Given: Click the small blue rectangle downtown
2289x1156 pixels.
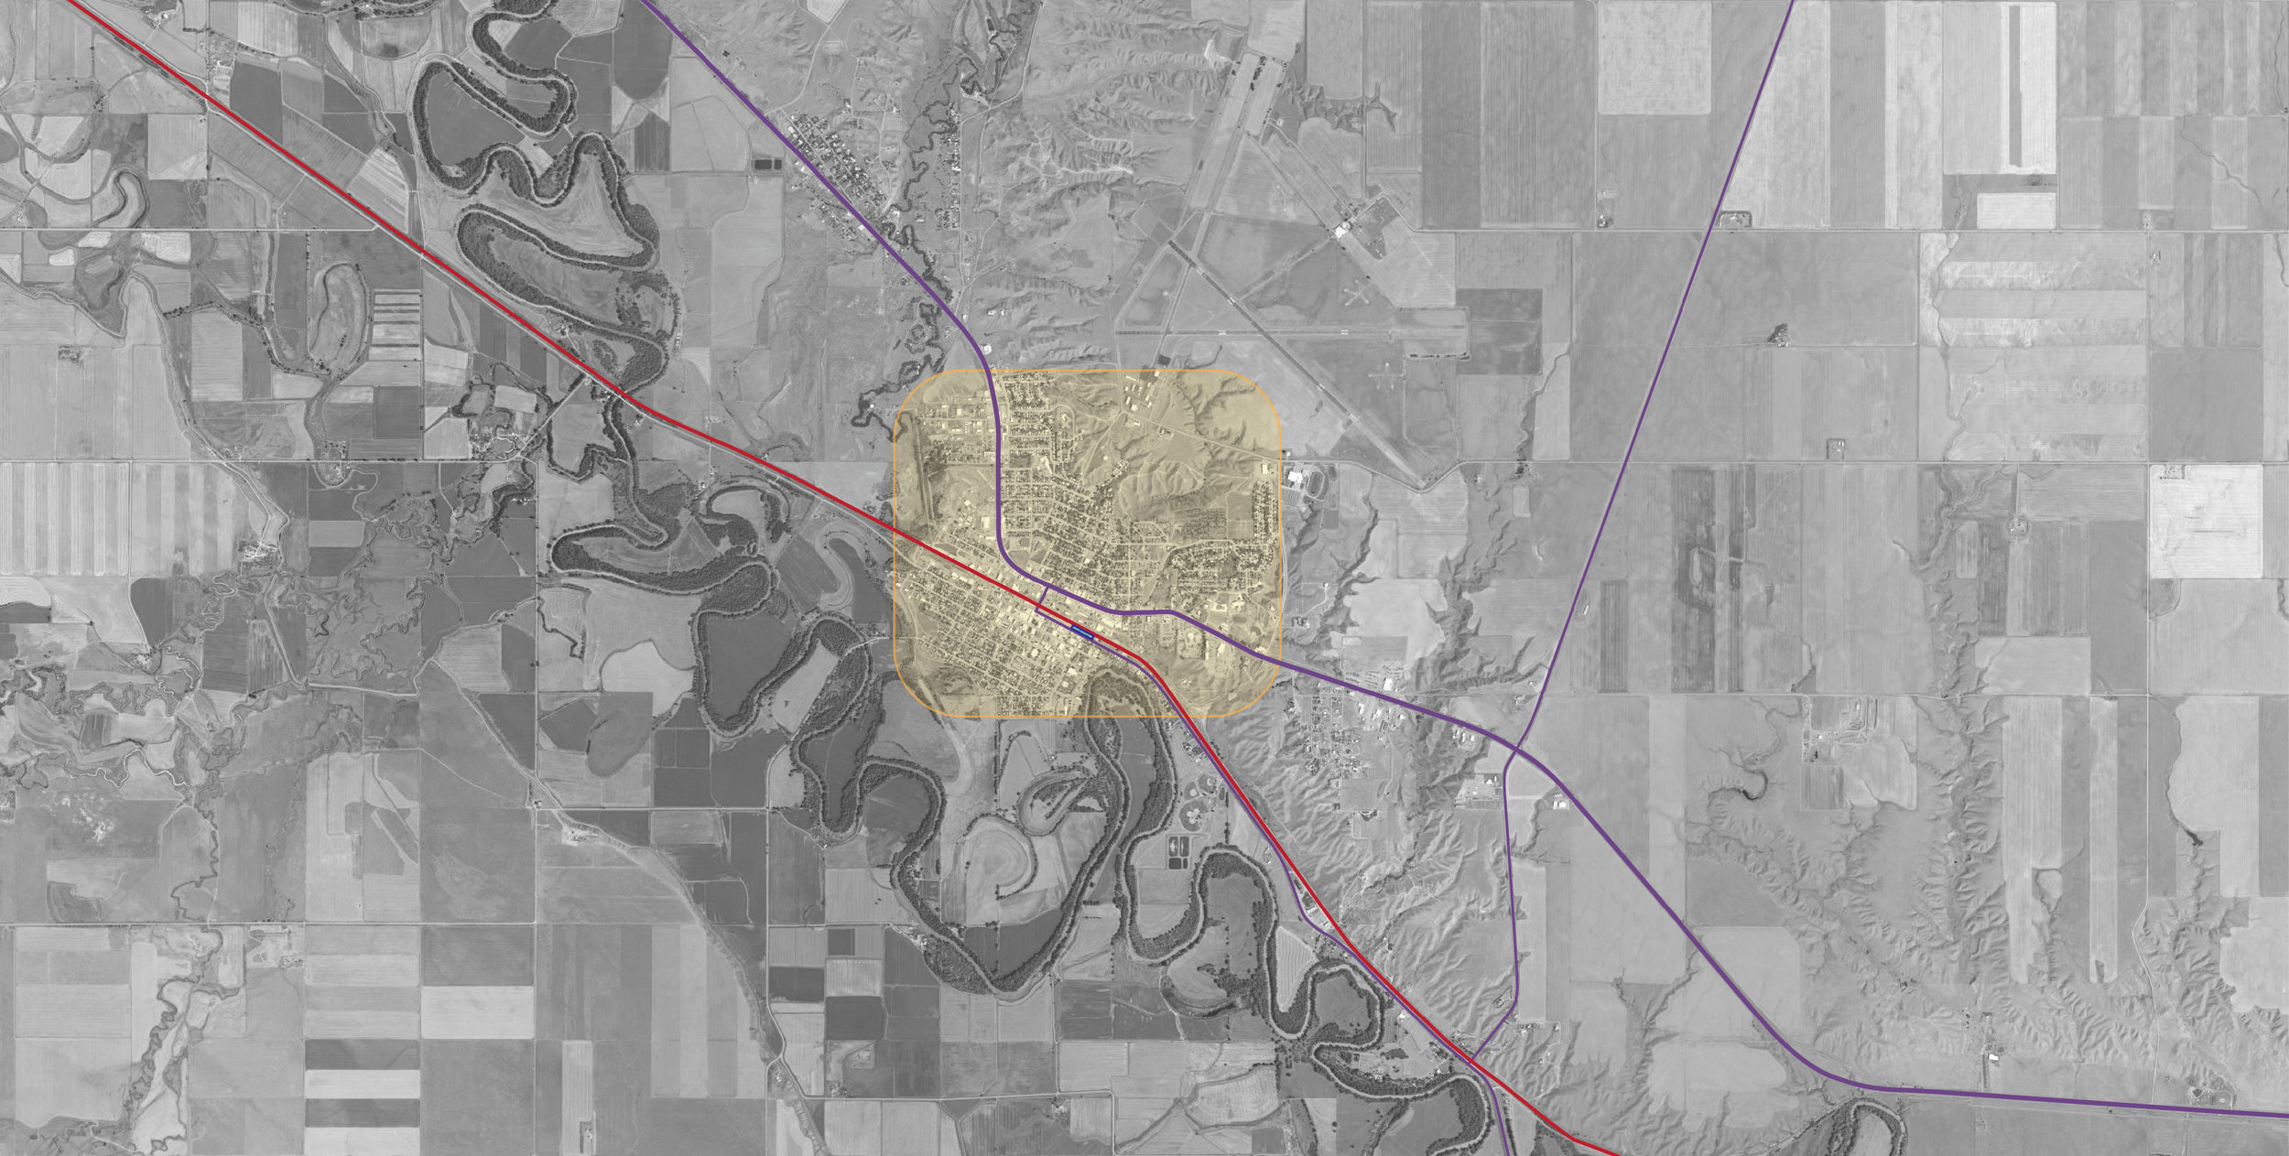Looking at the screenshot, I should pos(1083,632).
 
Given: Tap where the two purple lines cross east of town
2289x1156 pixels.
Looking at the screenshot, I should pos(1517,750).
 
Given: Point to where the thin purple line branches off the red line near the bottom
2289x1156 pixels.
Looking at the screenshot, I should pos(1472,1060).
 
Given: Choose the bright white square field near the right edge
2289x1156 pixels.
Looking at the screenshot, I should pos(2207,521).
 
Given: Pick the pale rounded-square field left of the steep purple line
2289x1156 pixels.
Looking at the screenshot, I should pos(1654,57).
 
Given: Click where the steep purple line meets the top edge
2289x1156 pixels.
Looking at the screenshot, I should pos(1791,3).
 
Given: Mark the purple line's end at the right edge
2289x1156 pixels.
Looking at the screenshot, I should pos(2285,1116).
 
